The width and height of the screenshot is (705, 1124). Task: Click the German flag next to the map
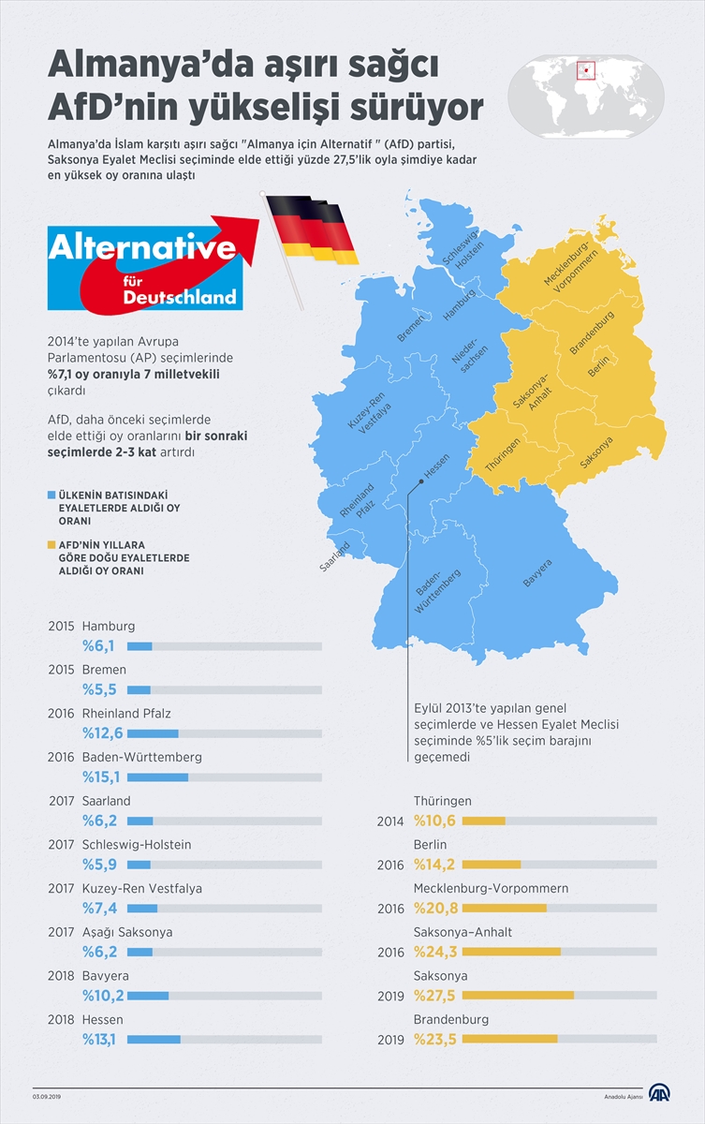click(310, 229)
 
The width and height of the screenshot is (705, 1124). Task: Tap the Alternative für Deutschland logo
click(144, 265)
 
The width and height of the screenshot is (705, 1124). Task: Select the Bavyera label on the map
click(537, 573)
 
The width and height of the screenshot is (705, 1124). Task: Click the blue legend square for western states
click(51, 493)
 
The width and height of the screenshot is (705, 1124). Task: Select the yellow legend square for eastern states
click(51, 543)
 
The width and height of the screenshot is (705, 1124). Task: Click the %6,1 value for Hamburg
click(98, 646)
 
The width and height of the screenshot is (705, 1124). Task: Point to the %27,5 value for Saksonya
click(435, 996)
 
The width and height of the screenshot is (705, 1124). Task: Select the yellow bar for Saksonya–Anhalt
click(511, 952)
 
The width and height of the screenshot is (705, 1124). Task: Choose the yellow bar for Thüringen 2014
click(484, 821)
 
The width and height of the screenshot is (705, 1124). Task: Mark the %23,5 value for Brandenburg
click(435, 1039)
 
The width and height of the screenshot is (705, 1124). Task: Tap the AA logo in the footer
click(660, 1095)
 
